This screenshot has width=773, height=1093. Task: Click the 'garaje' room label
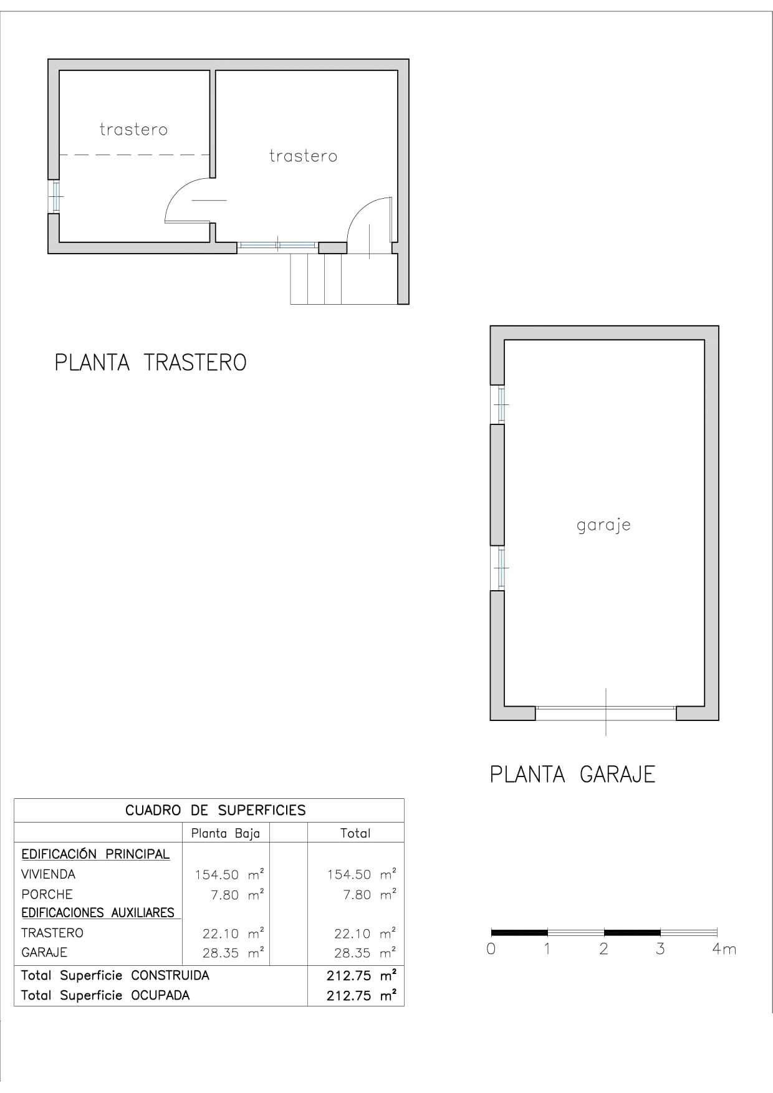pyautogui.click(x=603, y=525)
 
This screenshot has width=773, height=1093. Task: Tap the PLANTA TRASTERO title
pyautogui.click(x=151, y=363)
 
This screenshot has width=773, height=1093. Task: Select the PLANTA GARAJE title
pyautogui.click(x=572, y=775)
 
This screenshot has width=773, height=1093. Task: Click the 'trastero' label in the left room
pyautogui.click(x=133, y=130)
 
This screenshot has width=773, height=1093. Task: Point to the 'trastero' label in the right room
pyautogui.click(x=303, y=156)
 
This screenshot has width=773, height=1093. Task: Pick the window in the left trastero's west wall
pyautogui.click(x=55, y=196)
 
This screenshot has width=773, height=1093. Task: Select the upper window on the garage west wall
pyautogui.click(x=500, y=404)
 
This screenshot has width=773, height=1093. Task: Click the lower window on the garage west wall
pyautogui.click(x=500, y=568)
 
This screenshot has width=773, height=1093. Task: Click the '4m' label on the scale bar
pyautogui.click(x=724, y=949)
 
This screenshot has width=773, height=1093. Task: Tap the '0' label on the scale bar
pyautogui.click(x=491, y=949)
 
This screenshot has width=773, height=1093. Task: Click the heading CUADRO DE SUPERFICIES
pyautogui.click(x=215, y=810)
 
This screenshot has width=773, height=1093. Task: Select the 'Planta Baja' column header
pyautogui.click(x=225, y=833)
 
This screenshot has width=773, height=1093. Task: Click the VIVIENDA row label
pyautogui.click(x=48, y=874)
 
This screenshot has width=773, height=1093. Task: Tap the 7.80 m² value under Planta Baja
pyautogui.click(x=237, y=895)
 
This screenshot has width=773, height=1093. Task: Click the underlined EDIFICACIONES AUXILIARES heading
pyautogui.click(x=98, y=913)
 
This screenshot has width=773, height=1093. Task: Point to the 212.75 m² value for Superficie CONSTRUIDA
pyautogui.click(x=361, y=976)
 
